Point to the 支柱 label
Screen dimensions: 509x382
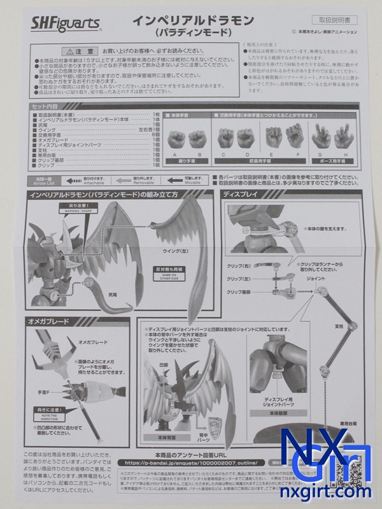click(x=329, y=326)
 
